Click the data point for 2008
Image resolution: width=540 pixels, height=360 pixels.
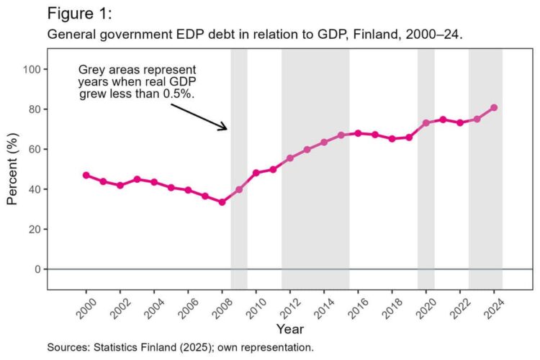point(222,202)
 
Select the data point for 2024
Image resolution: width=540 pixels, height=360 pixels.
point(494,108)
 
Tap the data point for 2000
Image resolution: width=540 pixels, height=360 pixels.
point(86,175)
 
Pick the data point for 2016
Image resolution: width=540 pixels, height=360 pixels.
point(358,133)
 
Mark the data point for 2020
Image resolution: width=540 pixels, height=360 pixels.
point(426,123)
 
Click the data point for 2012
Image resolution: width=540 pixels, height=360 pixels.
point(290,158)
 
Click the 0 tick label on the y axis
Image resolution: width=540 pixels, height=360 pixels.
point(37,269)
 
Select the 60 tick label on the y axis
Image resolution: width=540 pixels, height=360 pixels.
point(35,149)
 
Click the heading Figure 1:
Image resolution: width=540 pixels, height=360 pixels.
point(80,14)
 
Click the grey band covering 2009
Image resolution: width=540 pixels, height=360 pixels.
point(239,169)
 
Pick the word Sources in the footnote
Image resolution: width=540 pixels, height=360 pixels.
point(68,347)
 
